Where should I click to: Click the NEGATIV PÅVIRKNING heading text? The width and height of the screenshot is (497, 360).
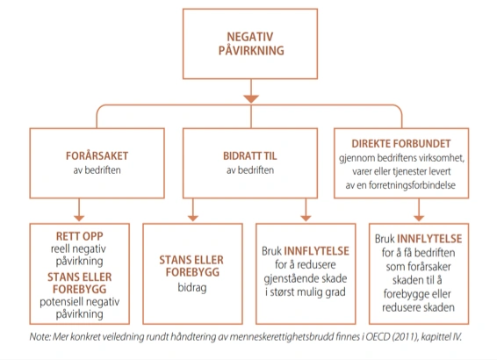click(251, 44)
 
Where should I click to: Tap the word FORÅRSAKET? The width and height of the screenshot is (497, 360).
click(97, 156)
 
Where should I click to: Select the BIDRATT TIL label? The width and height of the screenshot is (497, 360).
click(249, 156)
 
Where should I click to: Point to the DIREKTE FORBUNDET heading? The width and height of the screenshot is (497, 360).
click(401, 143)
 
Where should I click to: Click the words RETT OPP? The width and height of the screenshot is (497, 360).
click(80, 236)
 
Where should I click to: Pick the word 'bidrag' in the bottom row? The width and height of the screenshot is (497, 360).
click(192, 287)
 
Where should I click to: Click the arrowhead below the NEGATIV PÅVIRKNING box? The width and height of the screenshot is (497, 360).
click(251, 98)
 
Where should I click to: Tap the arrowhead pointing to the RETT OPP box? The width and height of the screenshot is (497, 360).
click(79, 218)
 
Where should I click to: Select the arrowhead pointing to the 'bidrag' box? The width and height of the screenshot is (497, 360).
click(192, 218)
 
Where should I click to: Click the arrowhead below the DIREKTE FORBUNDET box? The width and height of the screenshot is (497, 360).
click(419, 218)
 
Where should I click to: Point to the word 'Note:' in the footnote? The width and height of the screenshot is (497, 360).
click(40, 336)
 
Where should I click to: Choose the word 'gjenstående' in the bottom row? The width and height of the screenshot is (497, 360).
click(285, 279)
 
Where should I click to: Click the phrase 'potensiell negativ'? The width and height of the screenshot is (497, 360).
click(80, 302)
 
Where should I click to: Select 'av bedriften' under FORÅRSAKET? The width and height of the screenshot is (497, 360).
click(97, 170)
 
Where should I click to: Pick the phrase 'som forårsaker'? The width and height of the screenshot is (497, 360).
click(418, 267)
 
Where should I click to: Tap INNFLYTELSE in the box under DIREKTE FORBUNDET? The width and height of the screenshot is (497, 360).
click(429, 239)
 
